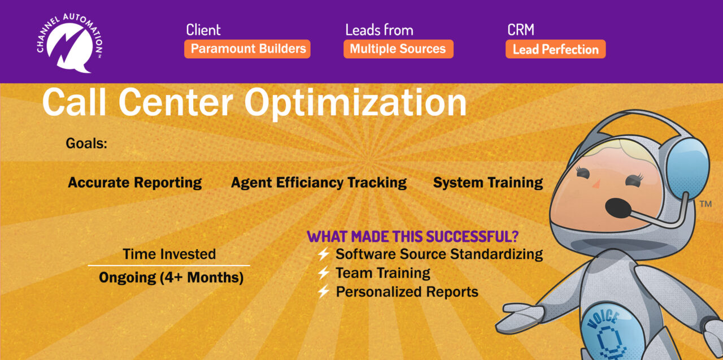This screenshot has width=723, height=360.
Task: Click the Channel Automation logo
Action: (x=69, y=44)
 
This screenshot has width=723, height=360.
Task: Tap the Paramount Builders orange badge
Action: (x=247, y=49)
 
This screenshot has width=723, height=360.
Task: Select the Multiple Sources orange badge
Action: (x=398, y=49)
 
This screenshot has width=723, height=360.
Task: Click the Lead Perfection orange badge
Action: (x=555, y=49)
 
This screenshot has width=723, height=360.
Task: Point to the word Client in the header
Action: (x=203, y=30)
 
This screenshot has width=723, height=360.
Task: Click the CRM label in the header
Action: (x=521, y=30)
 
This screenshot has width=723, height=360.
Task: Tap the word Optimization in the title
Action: (x=355, y=103)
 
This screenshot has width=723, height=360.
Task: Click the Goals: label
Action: (x=86, y=144)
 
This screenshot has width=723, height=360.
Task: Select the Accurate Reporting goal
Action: (x=134, y=183)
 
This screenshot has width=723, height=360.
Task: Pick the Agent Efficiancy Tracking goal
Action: (x=319, y=183)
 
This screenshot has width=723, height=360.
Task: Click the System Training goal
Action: (x=487, y=183)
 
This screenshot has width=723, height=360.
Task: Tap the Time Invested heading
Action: (x=169, y=254)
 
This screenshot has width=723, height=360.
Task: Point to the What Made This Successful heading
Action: (x=412, y=237)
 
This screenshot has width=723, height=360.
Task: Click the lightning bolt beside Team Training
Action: (x=324, y=273)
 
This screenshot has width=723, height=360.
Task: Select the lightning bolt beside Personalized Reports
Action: (x=324, y=292)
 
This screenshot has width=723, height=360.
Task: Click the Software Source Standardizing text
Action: (x=439, y=254)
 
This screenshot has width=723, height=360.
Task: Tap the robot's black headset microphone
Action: (x=618, y=208)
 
